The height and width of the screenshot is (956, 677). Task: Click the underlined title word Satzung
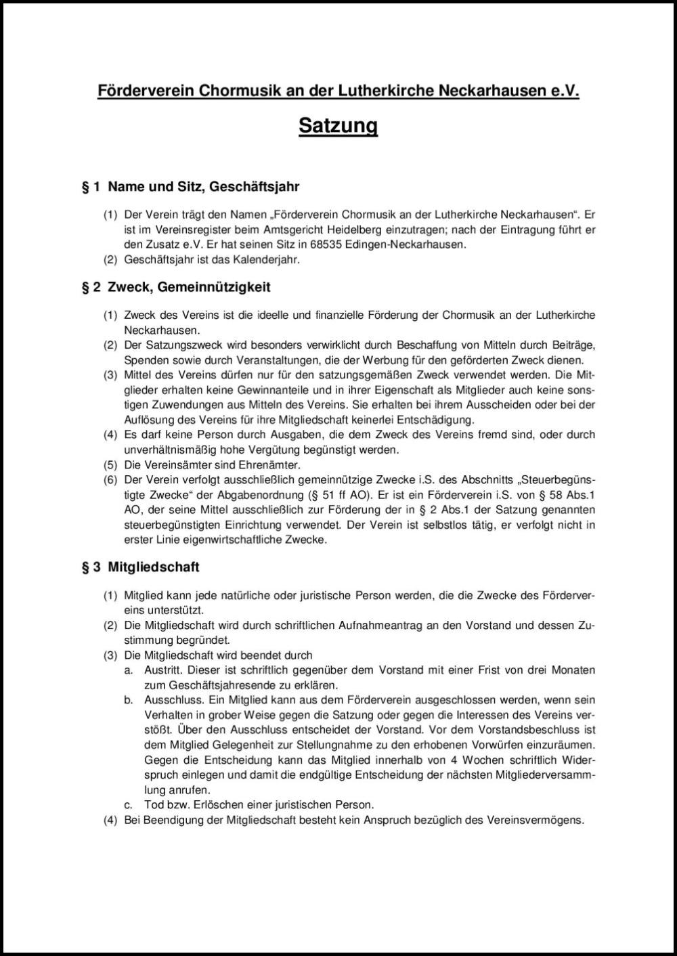pyautogui.click(x=338, y=126)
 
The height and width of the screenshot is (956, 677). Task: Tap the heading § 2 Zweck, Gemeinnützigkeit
pyautogui.click(x=176, y=287)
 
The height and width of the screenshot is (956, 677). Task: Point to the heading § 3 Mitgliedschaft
pyautogui.click(x=140, y=567)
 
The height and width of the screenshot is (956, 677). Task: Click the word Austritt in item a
pyautogui.click(x=161, y=670)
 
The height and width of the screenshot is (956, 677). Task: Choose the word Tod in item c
pyautogui.click(x=153, y=805)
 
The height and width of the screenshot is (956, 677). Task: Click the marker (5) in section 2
pyautogui.click(x=110, y=465)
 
